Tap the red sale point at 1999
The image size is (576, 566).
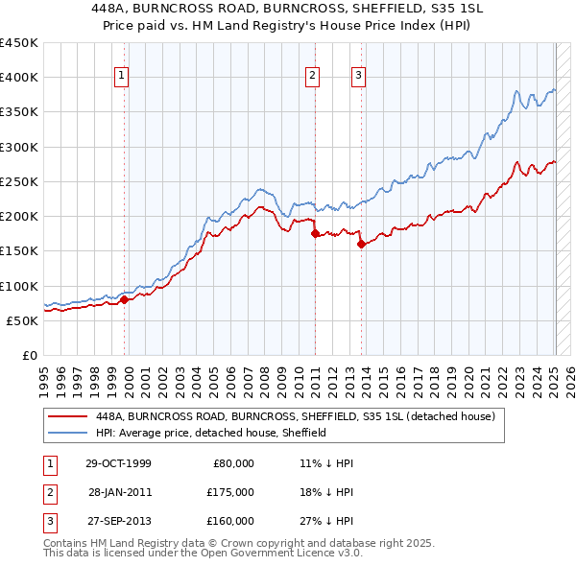coord(125,299)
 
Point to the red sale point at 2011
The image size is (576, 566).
coord(314,233)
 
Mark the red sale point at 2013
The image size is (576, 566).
coord(361,244)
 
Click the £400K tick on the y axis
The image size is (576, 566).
coord(18,78)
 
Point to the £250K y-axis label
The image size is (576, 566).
coord(18,181)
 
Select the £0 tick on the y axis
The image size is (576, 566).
coord(29,355)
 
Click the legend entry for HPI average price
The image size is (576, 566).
coord(211,433)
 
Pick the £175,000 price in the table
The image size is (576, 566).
coord(230,492)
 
